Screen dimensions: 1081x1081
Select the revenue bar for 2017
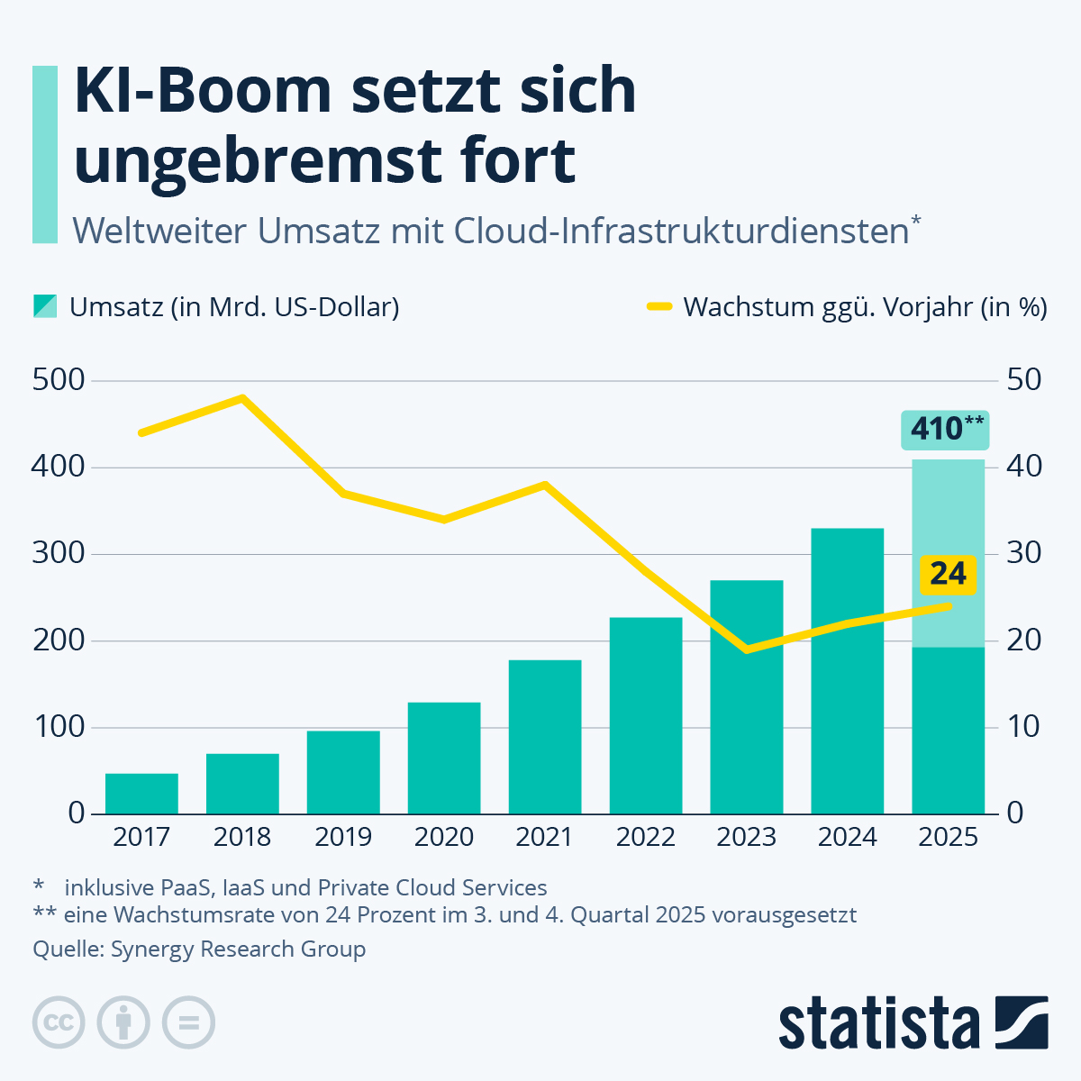click(141, 794)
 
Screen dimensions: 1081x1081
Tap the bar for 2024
click(847, 671)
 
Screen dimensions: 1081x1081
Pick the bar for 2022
click(646, 715)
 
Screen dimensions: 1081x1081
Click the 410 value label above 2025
click(945, 429)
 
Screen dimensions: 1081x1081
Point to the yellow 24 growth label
click(948, 574)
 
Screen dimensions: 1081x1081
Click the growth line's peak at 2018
click(242, 397)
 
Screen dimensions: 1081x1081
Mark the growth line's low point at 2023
click(747, 650)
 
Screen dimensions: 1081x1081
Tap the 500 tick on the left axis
click(58, 380)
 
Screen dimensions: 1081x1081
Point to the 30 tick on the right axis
click(1023, 553)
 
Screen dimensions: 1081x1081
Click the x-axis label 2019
click(343, 838)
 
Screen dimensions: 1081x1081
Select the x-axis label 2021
click(544, 838)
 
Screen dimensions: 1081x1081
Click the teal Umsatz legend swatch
click(45, 306)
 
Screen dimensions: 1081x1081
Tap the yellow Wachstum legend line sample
click(659, 307)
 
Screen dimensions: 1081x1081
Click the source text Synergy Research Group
click(238, 949)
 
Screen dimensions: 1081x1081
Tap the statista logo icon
click(1022, 1022)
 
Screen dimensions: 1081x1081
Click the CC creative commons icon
click(59, 1022)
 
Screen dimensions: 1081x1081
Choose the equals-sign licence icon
click(188, 1022)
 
